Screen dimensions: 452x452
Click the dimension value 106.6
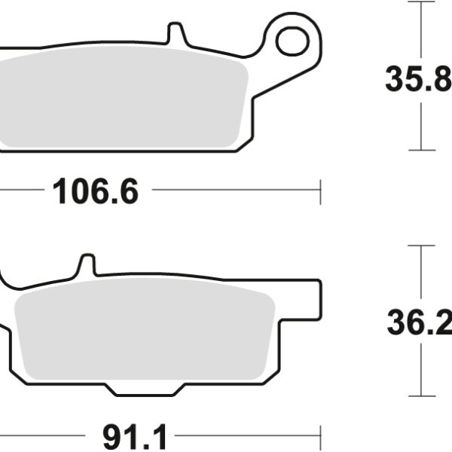click(x=96, y=193)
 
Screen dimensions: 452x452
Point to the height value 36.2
click(x=418, y=324)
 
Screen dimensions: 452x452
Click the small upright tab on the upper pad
click(x=175, y=34)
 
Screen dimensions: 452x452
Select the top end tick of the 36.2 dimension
click(x=421, y=246)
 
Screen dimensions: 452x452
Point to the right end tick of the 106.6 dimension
click(x=321, y=192)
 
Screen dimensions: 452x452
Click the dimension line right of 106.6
click(x=234, y=192)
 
